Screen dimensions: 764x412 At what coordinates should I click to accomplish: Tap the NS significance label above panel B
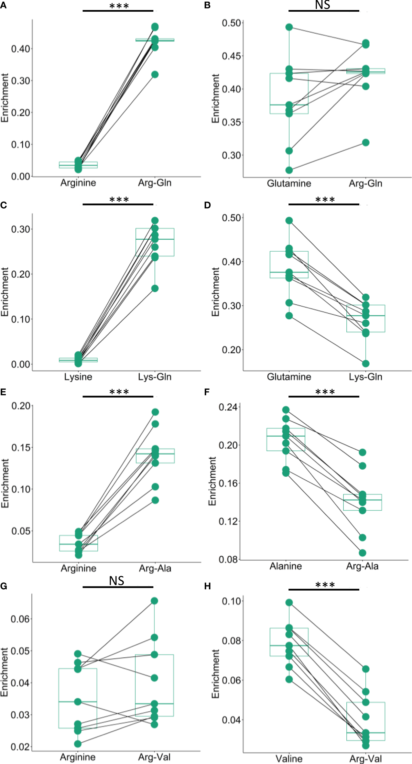(x=322, y=5)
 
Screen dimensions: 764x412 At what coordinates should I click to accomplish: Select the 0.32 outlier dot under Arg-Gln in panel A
(x=155, y=74)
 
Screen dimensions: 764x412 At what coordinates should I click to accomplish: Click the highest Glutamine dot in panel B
(x=289, y=27)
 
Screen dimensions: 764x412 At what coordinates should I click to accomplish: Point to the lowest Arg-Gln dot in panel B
(x=366, y=143)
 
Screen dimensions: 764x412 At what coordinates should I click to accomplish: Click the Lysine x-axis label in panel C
(x=78, y=377)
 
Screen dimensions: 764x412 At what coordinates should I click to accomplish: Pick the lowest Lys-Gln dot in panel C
(x=155, y=289)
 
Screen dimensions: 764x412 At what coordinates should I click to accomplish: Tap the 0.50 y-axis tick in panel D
(x=232, y=218)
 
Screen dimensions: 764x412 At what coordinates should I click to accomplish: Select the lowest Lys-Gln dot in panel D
(x=366, y=364)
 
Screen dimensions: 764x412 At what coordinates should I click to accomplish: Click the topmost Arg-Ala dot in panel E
(x=155, y=412)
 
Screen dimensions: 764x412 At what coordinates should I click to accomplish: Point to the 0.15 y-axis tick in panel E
(x=21, y=448)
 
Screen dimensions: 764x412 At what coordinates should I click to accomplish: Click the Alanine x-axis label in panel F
(x=286, y=566)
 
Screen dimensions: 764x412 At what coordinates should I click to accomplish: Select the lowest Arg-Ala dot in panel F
(x=363, y=553)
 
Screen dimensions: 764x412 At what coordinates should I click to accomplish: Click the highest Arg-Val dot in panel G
(x=155, y=601)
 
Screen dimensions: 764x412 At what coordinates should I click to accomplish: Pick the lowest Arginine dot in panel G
(x=78, y=744)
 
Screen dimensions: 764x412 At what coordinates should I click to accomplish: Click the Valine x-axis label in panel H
(x=289, y=759)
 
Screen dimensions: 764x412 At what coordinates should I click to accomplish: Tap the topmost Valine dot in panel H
(x=289, y=603)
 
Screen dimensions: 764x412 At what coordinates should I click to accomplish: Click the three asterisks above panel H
(x=325, y=585)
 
